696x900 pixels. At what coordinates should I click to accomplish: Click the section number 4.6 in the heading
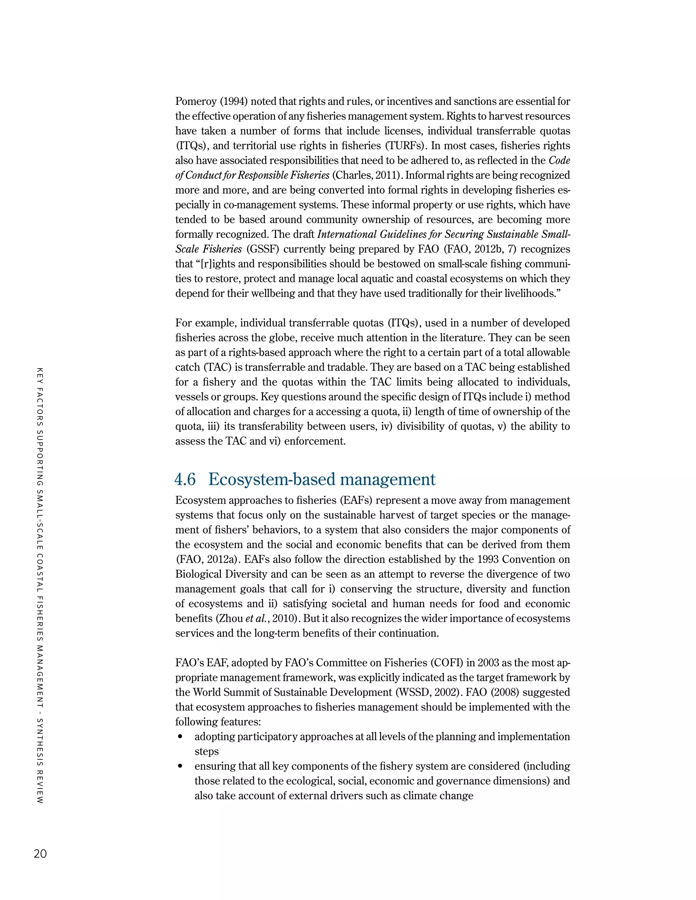[x=185, y=479]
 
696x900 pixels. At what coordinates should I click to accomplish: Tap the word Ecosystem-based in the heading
[x=272, y=479]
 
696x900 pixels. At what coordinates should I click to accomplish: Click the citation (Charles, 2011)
[x=368, y=176]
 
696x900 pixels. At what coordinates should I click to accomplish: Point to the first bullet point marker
[x=180, y=737]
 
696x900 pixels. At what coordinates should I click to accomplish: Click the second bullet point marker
[x=180, y=767]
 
